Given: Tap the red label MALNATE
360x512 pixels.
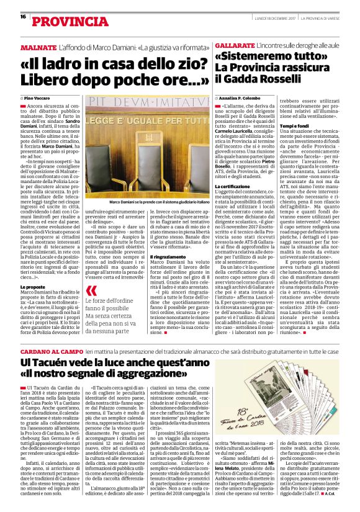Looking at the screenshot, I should [39, 47].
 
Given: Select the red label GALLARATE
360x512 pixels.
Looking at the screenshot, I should [233, 47].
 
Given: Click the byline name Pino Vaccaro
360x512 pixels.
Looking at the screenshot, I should [38, 99].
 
